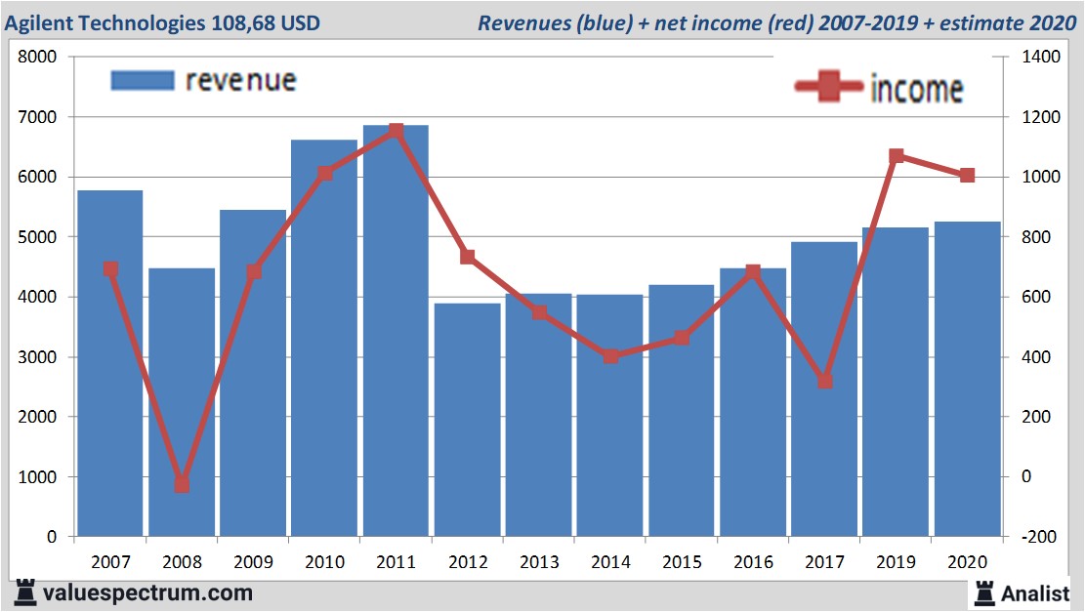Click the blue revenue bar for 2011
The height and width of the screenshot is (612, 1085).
(x=396, y=332)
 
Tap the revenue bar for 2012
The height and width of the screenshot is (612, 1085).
(x=467, y=420)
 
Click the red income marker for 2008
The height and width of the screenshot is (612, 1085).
(x=182, y=484)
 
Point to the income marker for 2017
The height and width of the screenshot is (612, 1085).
(x=824, y=381)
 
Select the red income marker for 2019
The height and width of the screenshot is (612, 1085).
(x=896, y=156)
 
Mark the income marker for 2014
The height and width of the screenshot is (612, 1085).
(x=610, y=356)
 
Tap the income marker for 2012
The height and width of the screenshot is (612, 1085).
(x=467, y=257)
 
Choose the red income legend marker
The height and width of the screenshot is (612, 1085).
(x=829, y=88)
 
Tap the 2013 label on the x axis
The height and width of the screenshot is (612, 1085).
(x=538, y=562)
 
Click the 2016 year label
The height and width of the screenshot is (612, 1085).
(x=753, y=562)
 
